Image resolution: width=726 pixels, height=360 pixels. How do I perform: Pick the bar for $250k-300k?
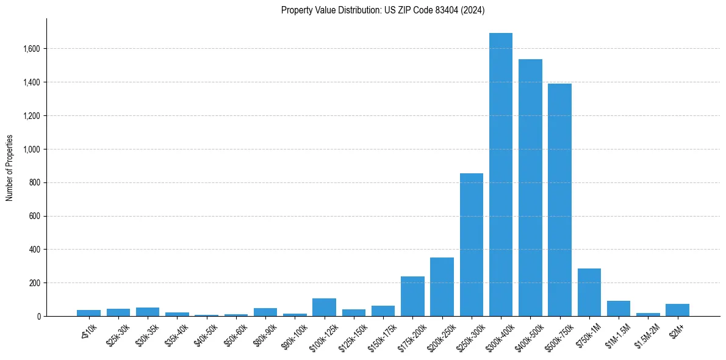click(x=472, y=245)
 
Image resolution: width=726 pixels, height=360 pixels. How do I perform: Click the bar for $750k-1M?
click(x=589, y=292)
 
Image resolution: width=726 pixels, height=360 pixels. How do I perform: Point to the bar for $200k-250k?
click(x=442, y=287)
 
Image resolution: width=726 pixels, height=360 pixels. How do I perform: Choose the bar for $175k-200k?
click(x=412, y=297)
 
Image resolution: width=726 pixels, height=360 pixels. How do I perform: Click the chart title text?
click(x=383, y=10)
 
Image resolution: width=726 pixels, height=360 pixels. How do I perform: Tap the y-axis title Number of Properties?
click(x=10, y=167)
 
